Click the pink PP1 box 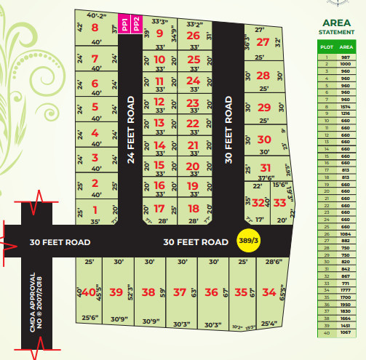coord(124,24)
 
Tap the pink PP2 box coord(135,24)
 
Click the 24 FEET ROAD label coord(132,128)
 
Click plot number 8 coord(95,29)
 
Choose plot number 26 coord(193,35)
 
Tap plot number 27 coord(263,42)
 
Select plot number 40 coord(89,292)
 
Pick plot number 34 coord(269,292)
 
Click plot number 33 coord(279,204)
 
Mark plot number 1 coord(95,209)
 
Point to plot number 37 coord(179,292)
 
